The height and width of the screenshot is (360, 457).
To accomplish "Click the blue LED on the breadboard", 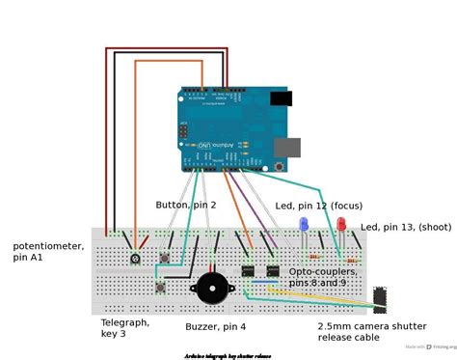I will coord(304,225).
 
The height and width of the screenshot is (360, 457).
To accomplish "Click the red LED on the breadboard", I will coord(340,225).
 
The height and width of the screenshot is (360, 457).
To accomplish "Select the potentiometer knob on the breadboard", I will coord(136,260).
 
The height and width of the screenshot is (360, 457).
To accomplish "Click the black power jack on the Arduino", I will coord(281,98).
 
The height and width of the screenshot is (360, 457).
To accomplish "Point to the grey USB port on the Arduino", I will coord(286,147).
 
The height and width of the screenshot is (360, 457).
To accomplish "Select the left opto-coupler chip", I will coord(248,271).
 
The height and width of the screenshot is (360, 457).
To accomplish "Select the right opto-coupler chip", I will coord(273,271).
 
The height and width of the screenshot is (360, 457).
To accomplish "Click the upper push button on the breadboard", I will coord(165,259).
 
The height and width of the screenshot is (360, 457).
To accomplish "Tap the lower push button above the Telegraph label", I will coord(160,287).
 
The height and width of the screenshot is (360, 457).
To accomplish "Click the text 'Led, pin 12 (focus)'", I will coord(317,206).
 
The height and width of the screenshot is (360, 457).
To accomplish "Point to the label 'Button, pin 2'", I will coord(186,205).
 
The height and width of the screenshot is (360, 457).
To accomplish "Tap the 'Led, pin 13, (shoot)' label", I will coord(404,227).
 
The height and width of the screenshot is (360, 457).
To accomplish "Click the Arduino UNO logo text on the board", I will coord(204,152).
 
